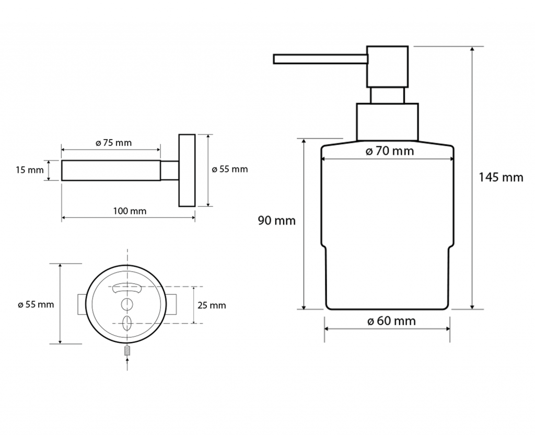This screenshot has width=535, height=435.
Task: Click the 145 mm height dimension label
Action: [501, 177]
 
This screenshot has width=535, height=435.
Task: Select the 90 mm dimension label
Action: [277, 221]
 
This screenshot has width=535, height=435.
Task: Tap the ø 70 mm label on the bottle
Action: [390, 151]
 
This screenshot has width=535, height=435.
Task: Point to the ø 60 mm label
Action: [392, 321]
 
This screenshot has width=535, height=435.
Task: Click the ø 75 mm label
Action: [113, 143]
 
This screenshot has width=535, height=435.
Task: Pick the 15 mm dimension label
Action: [30, 170]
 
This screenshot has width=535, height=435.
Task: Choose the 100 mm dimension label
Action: [130, 211]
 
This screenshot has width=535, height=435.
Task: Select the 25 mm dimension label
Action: [212, 305]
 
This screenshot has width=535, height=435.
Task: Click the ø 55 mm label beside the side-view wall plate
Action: [230, 169]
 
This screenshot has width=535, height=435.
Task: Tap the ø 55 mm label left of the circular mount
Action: [36, 304]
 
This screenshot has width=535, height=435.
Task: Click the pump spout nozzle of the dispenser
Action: [320, 59]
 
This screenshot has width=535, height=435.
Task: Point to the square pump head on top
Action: [387, 66]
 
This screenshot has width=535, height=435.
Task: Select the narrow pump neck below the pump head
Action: [387, 95]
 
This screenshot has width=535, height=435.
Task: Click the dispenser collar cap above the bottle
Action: [387, 122]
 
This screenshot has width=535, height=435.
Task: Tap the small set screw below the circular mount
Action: [127, 351]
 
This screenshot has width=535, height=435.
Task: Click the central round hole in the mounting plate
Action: [127, 304]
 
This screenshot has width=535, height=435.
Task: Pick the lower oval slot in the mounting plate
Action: [127, 323]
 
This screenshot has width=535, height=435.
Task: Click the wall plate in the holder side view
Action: [187, 170]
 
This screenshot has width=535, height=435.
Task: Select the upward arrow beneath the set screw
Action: [127, 364]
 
